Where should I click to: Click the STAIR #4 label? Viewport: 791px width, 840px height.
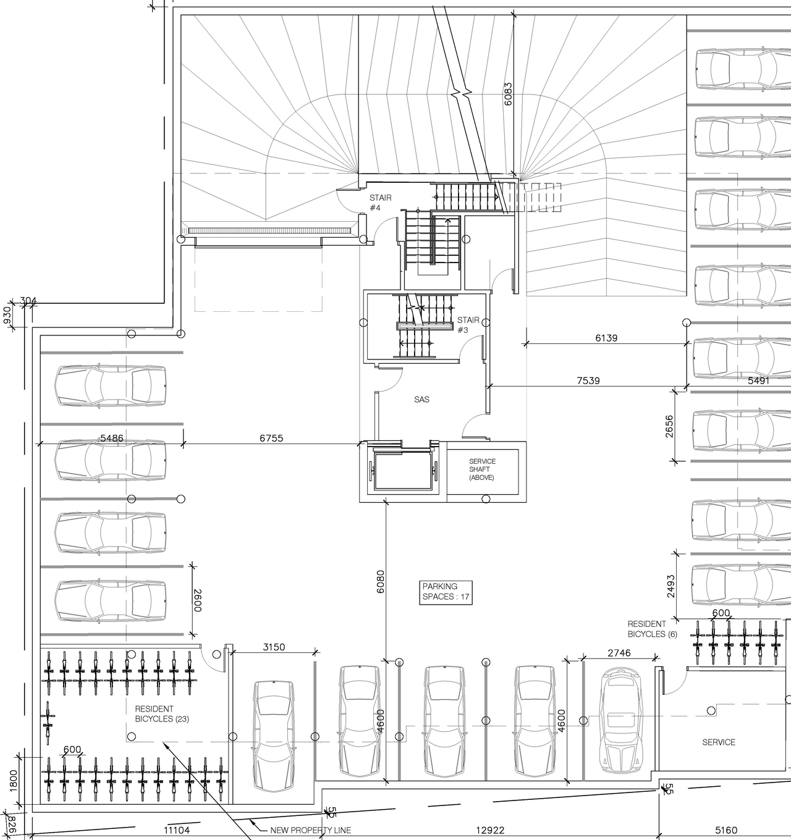pos(380,203)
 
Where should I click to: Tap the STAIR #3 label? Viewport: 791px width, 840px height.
pos(468,325)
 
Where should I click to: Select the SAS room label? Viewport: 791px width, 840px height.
pos(421,400)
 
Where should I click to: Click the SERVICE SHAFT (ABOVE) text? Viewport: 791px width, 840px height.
pos(482,469)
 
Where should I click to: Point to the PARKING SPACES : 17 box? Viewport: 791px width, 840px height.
pos(446,592)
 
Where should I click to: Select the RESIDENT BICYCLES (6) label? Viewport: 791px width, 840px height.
pos(652,629)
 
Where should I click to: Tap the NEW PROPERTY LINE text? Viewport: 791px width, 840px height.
pos(310,830)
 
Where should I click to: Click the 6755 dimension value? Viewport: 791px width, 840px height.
pos(271,438)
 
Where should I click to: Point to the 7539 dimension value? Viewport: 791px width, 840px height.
pos(588,380)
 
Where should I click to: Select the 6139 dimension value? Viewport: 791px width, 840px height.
pos(606,338)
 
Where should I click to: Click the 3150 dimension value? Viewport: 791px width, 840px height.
pos(274,647)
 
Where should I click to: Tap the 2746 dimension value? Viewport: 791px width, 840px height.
pos(619,653)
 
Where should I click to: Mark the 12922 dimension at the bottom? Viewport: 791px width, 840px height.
pos(491,831)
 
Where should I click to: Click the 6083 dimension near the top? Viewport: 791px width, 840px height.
pos(508,94)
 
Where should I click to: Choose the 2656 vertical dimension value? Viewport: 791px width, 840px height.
pos(670,426)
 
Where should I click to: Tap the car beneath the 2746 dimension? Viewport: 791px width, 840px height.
pos(622,720)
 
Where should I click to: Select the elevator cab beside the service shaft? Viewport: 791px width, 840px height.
pos(401,472)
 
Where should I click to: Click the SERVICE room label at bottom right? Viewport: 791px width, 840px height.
pos(719,742)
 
